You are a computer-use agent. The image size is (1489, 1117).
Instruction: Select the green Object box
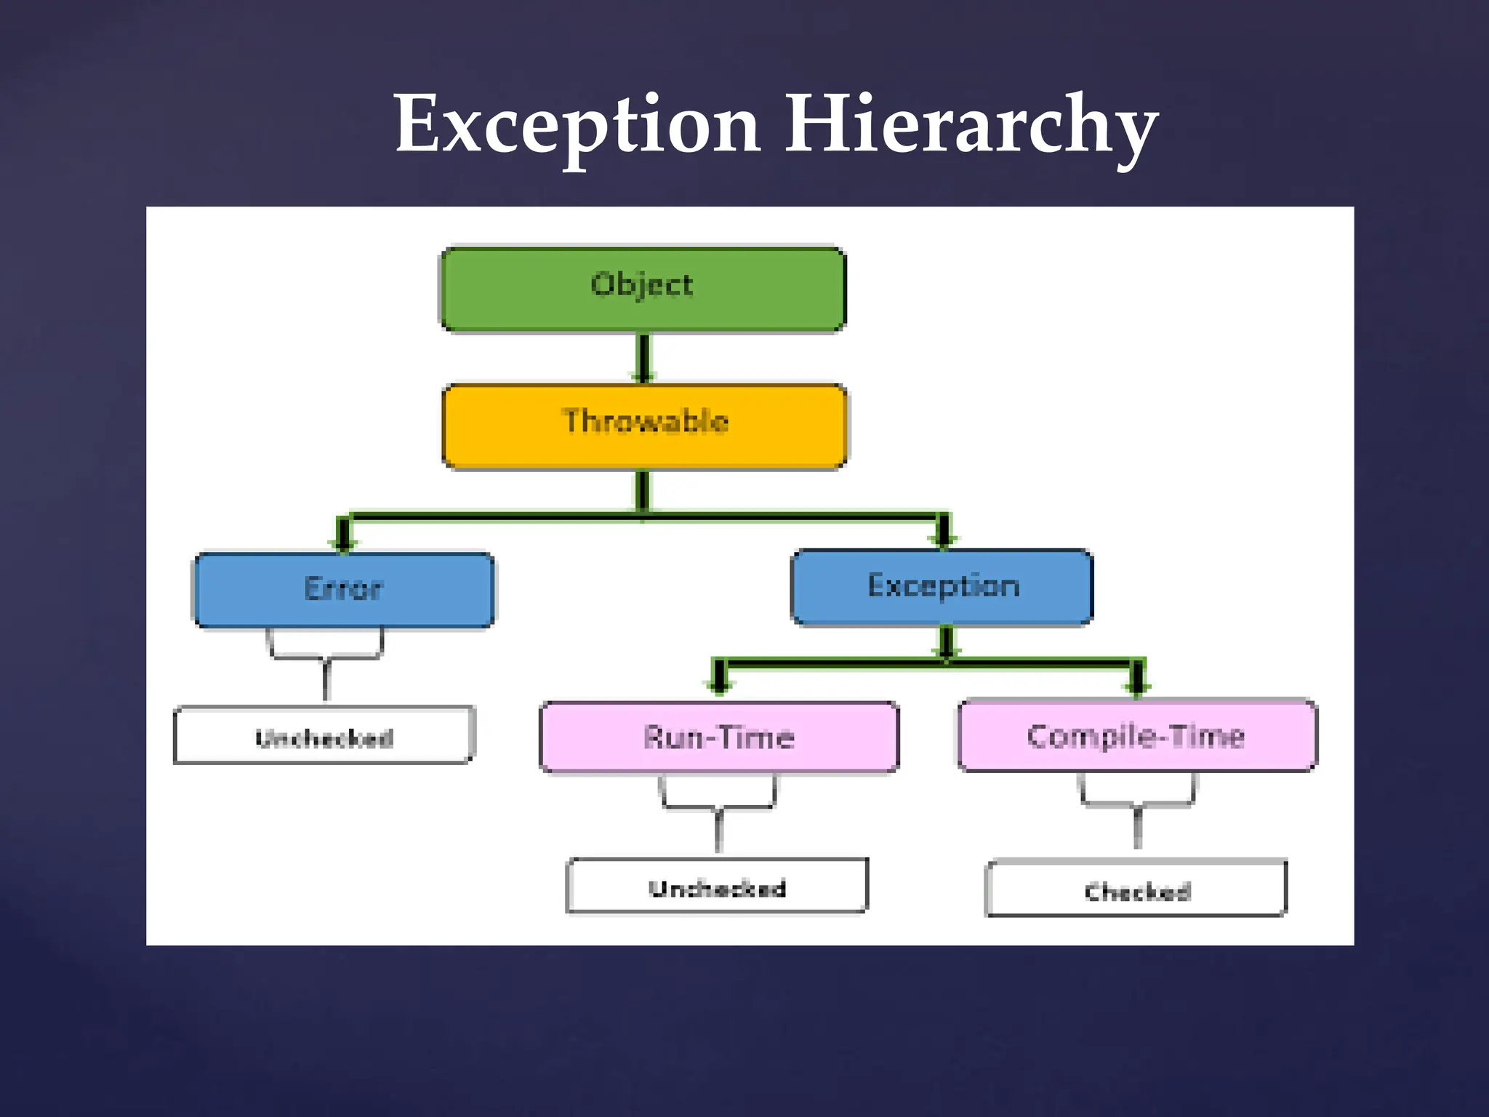643,289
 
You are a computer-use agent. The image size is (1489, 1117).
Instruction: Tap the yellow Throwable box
644,426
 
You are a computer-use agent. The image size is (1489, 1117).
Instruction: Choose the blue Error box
343,590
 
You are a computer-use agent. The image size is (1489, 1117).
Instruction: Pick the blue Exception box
942,587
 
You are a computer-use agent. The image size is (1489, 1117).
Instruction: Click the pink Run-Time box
719,737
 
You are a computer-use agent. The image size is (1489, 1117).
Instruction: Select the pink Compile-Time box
1136,735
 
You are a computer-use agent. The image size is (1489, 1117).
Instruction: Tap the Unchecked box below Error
324,735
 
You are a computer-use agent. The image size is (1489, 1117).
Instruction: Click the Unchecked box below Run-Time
717,886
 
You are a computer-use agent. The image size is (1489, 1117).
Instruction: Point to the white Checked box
1136,889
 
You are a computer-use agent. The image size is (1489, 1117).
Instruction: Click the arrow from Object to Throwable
643,356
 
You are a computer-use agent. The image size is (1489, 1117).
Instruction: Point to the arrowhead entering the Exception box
944,537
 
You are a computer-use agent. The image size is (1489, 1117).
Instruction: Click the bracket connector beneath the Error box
326,658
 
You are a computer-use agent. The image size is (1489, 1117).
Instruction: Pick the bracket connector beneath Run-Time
718,807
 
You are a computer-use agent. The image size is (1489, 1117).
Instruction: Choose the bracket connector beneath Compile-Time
1137,804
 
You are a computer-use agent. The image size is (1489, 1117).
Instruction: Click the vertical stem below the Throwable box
643,490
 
